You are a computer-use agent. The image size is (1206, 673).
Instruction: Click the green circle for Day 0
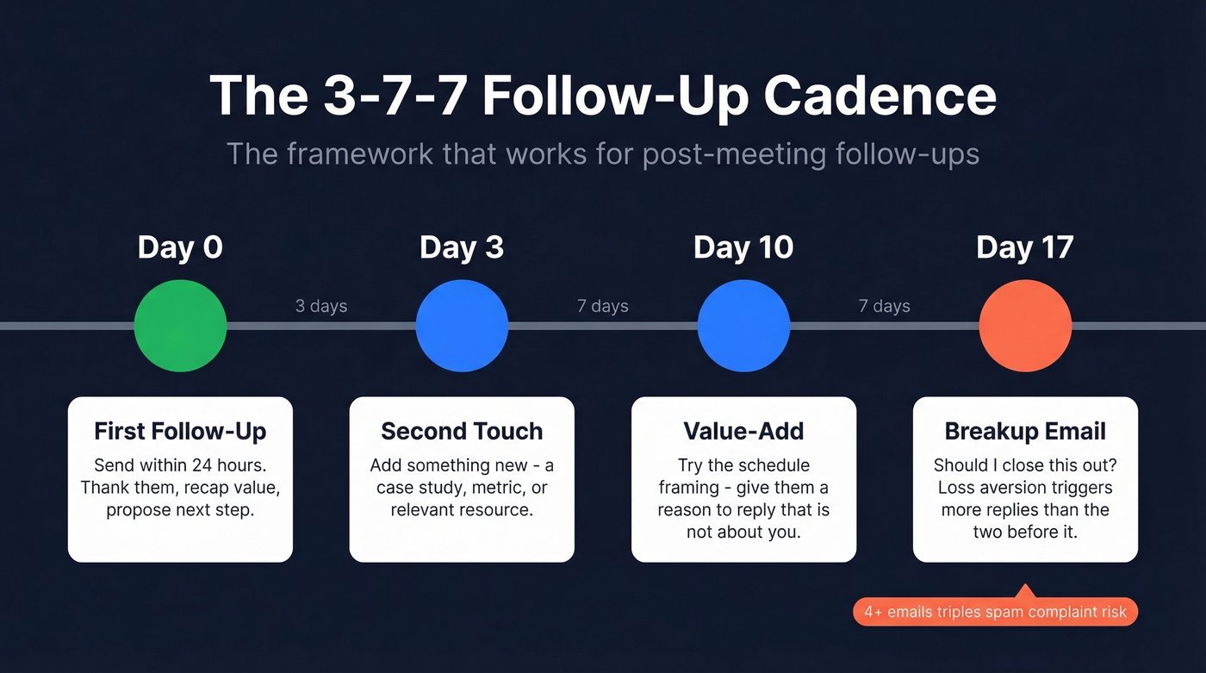pyautogui.click(x=180, y=326)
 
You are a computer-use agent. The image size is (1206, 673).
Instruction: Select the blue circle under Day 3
pyautogui.click(x=462, y=326)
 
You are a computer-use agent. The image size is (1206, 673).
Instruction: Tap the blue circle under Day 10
pyautogui.click(x=743, y=326)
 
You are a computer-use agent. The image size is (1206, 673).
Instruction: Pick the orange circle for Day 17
pyautogui.click(x=1025, y=326)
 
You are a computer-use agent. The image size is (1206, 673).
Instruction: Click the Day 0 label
pyautogui.click(x=180, y=248)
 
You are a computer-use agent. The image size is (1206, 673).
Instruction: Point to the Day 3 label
pyautogui.click(x=462, y=248)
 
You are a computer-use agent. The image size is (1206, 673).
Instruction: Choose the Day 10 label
pyautogui.click(x=743, y=248)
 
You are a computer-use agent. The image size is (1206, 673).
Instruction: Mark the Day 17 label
pyautogui.click(x=1025, y=248)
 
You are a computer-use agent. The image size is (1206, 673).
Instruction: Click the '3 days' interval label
pyautogui.click(x=321, y=306)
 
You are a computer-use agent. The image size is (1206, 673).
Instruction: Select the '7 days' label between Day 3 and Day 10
pyautogui.click(x=603, y=306)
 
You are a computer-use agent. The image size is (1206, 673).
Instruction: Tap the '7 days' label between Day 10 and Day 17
pyautogui.click(x=885, y=306)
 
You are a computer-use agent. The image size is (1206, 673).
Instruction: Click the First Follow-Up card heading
pyautogui.click(x=180, y=431)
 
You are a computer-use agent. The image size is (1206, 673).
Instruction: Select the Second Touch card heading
pyautogui.click(x=462, y=431)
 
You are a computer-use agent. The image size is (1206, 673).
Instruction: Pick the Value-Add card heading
pyautogui.click(x=743, y=431)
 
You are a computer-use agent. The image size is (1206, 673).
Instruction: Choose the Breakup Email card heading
pyautogui.click(x=1025, y=431)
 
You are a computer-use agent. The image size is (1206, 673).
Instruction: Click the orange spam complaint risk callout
pyautogui.click(x=995, y=613)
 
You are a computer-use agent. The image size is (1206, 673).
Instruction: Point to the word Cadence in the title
pyautogui.click(x=880, y=96)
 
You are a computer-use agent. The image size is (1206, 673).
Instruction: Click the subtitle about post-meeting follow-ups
pyautogui.click(x=603, y=154)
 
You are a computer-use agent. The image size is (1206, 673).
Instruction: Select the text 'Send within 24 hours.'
pyautogui.click(x=180, y=465)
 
